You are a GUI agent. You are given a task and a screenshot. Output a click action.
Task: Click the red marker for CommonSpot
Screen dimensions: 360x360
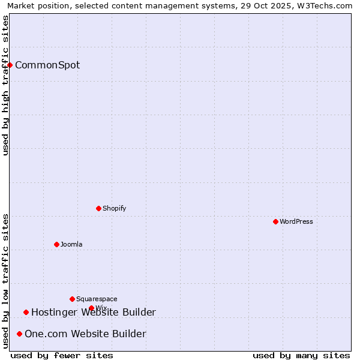click(10, 65)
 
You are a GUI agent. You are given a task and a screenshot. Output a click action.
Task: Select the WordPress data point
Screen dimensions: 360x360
click(275, 221)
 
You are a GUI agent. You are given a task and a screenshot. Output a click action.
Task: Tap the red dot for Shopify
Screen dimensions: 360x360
click(98, 208)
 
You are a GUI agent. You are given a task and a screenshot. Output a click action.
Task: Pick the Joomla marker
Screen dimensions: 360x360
click(56, 244)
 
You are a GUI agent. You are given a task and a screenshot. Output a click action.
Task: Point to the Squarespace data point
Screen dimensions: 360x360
click(72, 299)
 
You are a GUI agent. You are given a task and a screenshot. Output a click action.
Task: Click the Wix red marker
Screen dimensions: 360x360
click(91, 308)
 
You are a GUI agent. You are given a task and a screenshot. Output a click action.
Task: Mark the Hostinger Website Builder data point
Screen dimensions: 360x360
click(26, 312)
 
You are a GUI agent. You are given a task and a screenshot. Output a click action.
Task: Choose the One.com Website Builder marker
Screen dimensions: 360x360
click(19, 334)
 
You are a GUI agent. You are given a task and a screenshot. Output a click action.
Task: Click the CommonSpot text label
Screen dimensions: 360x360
click(47, 65)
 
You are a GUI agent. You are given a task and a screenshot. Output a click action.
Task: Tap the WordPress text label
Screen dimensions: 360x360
click(296, 221)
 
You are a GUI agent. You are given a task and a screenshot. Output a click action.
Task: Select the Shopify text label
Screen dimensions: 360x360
click(115, 208)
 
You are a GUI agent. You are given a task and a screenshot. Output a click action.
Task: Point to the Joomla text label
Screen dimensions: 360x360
click(71, 244)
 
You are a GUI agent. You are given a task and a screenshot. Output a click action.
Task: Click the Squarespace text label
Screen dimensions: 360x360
click(97, 299)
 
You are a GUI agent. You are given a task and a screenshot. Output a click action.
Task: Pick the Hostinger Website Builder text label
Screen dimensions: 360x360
click(94, 312)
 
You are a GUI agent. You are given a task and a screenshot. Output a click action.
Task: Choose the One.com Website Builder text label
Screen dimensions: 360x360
click(85, 334)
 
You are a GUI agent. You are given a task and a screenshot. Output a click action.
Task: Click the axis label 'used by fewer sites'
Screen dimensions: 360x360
click(62, 355)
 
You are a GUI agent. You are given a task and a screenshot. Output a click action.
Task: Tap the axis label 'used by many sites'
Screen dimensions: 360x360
click(301, 355)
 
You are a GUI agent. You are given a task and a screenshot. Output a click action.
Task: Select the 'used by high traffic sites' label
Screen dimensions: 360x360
click(5, 85)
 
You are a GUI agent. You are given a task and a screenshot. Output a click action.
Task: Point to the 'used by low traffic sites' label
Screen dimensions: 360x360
click(5, 281)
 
